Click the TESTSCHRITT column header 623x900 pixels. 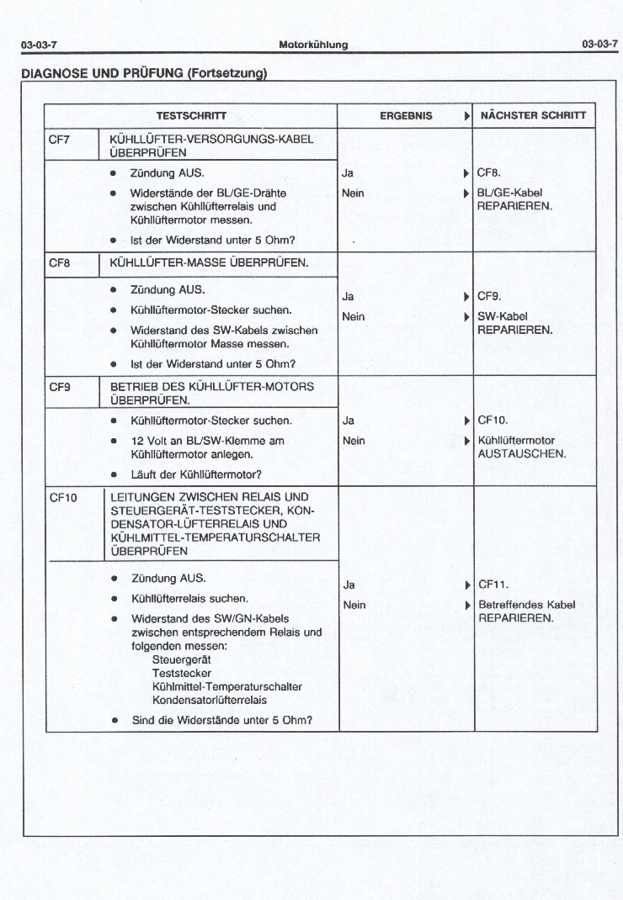(x=191, y=116)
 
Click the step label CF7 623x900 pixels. (x=60, y=140)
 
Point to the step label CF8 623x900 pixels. (x=60, y=263)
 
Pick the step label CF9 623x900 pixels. (x=60, y=388)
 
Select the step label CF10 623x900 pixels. (x=63, y=497)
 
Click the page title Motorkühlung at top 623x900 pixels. (x=313, y=44)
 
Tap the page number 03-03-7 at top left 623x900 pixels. (x=39, y=44)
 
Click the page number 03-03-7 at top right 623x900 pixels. (x=599, y=44)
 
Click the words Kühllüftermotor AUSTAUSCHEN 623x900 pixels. (x=521, y=447)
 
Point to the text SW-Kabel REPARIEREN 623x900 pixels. (x=514, y=323)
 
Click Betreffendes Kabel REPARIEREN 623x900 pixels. (x=526, y=611)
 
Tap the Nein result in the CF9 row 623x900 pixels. (x=354, y=440)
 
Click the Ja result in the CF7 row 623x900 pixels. (x=347, y=173)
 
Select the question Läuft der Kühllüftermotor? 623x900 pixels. (x=196, y=474)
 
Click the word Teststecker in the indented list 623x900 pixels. (x=182, y=673)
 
